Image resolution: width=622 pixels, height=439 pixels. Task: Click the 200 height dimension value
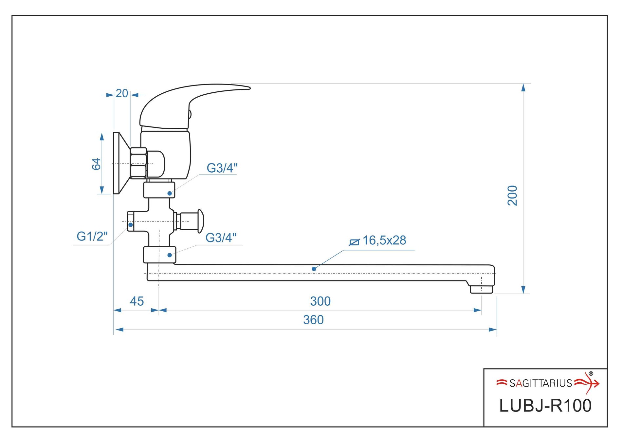[x=513, y=196]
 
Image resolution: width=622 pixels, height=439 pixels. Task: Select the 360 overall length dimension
[x=313, y=320]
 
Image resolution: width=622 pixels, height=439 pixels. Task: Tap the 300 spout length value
[x=320, y=301]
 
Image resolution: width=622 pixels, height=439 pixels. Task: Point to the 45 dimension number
[x=137, y=301]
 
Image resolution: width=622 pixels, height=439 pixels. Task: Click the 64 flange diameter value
[x=96, y=164]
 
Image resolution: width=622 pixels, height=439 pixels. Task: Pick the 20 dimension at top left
[x=122, y=94]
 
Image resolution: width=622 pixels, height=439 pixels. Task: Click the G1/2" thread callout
[x=92, y=236]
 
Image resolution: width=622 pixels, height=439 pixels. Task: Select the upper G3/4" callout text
[x=222, y=168]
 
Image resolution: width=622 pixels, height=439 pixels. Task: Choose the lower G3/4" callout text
[x=221, y=238]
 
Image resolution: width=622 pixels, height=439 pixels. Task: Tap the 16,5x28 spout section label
[x=384, y=240]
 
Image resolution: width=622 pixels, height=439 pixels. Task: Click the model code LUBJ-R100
[x=545, y=406]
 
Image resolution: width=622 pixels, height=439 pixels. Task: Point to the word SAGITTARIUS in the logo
[x=540, y=383]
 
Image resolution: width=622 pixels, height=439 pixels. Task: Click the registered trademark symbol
[x=591, y=373]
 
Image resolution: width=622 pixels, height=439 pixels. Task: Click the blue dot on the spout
[x=314, y=269]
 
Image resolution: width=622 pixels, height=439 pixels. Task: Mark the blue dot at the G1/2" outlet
[x=131, y=225]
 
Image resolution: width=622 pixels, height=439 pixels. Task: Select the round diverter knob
[x=200, y=221]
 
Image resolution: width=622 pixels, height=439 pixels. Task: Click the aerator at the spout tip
[x=481, y=289]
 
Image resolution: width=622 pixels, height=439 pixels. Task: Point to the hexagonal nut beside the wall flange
[x=138, y=163]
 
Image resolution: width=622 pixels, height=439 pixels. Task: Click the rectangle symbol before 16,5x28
[x=354, y=242]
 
